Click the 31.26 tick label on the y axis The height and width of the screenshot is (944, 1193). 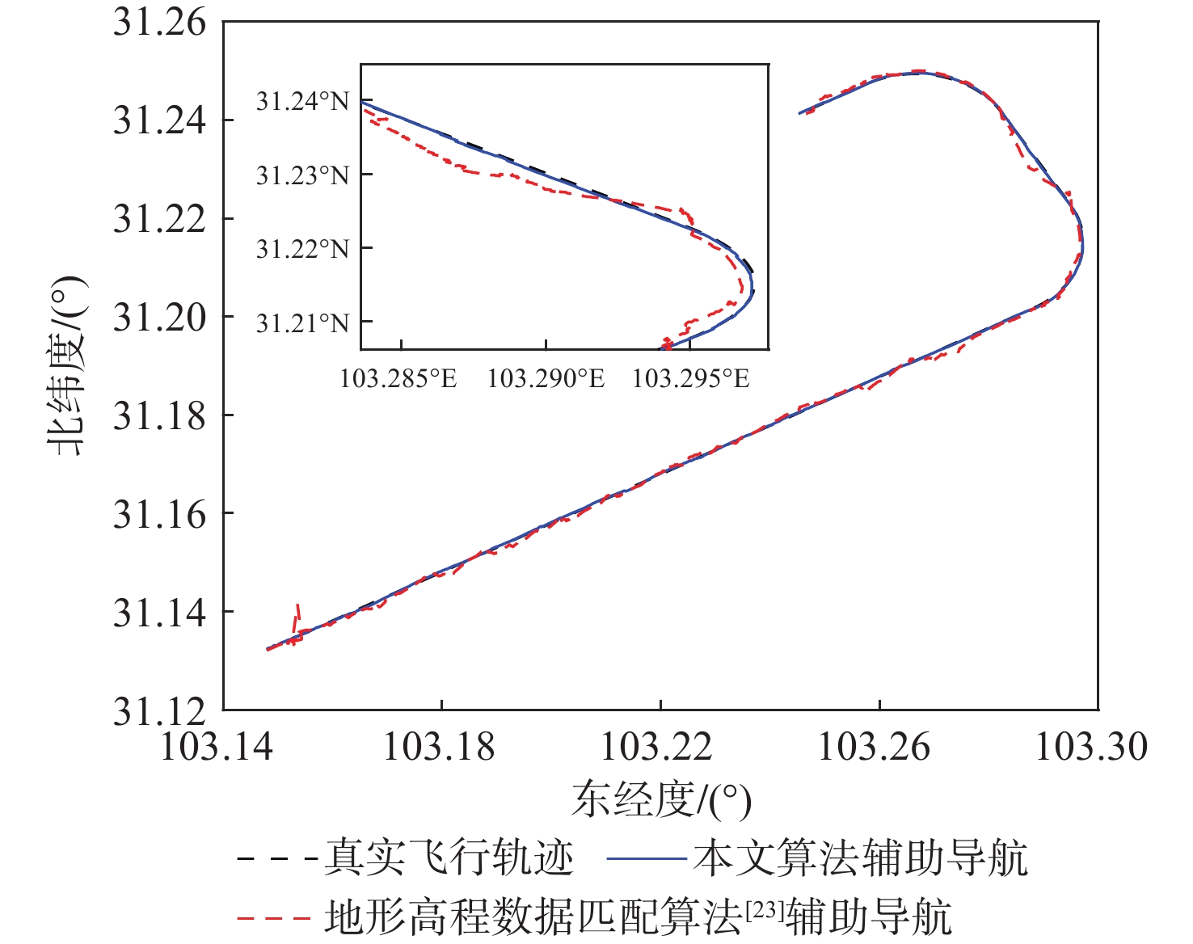click(x=159, y=23)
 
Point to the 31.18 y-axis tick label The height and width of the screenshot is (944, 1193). click(x=159, y=416)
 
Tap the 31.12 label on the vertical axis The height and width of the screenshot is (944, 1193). click(x=159, y=711)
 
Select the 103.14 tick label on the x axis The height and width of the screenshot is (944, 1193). click(x=217, y=746)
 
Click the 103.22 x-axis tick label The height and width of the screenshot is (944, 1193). click(x=656, y=746)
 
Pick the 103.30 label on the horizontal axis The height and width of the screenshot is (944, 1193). click(x=1091, y=746)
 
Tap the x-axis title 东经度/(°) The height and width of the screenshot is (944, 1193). click(x=661, y=800)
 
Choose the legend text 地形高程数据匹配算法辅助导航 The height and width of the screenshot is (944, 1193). click(x=639, y=917)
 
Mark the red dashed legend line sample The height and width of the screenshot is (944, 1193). click(x=275, y=917)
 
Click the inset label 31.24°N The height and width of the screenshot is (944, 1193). click(x=302, y=102)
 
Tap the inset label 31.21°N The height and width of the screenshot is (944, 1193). click(x=302, y=323)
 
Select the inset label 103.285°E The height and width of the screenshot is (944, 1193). click(x=398, y=377)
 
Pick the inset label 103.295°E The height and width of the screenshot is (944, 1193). click(x=691, y=377)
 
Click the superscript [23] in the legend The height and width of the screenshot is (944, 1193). click(x=764, y=908)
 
